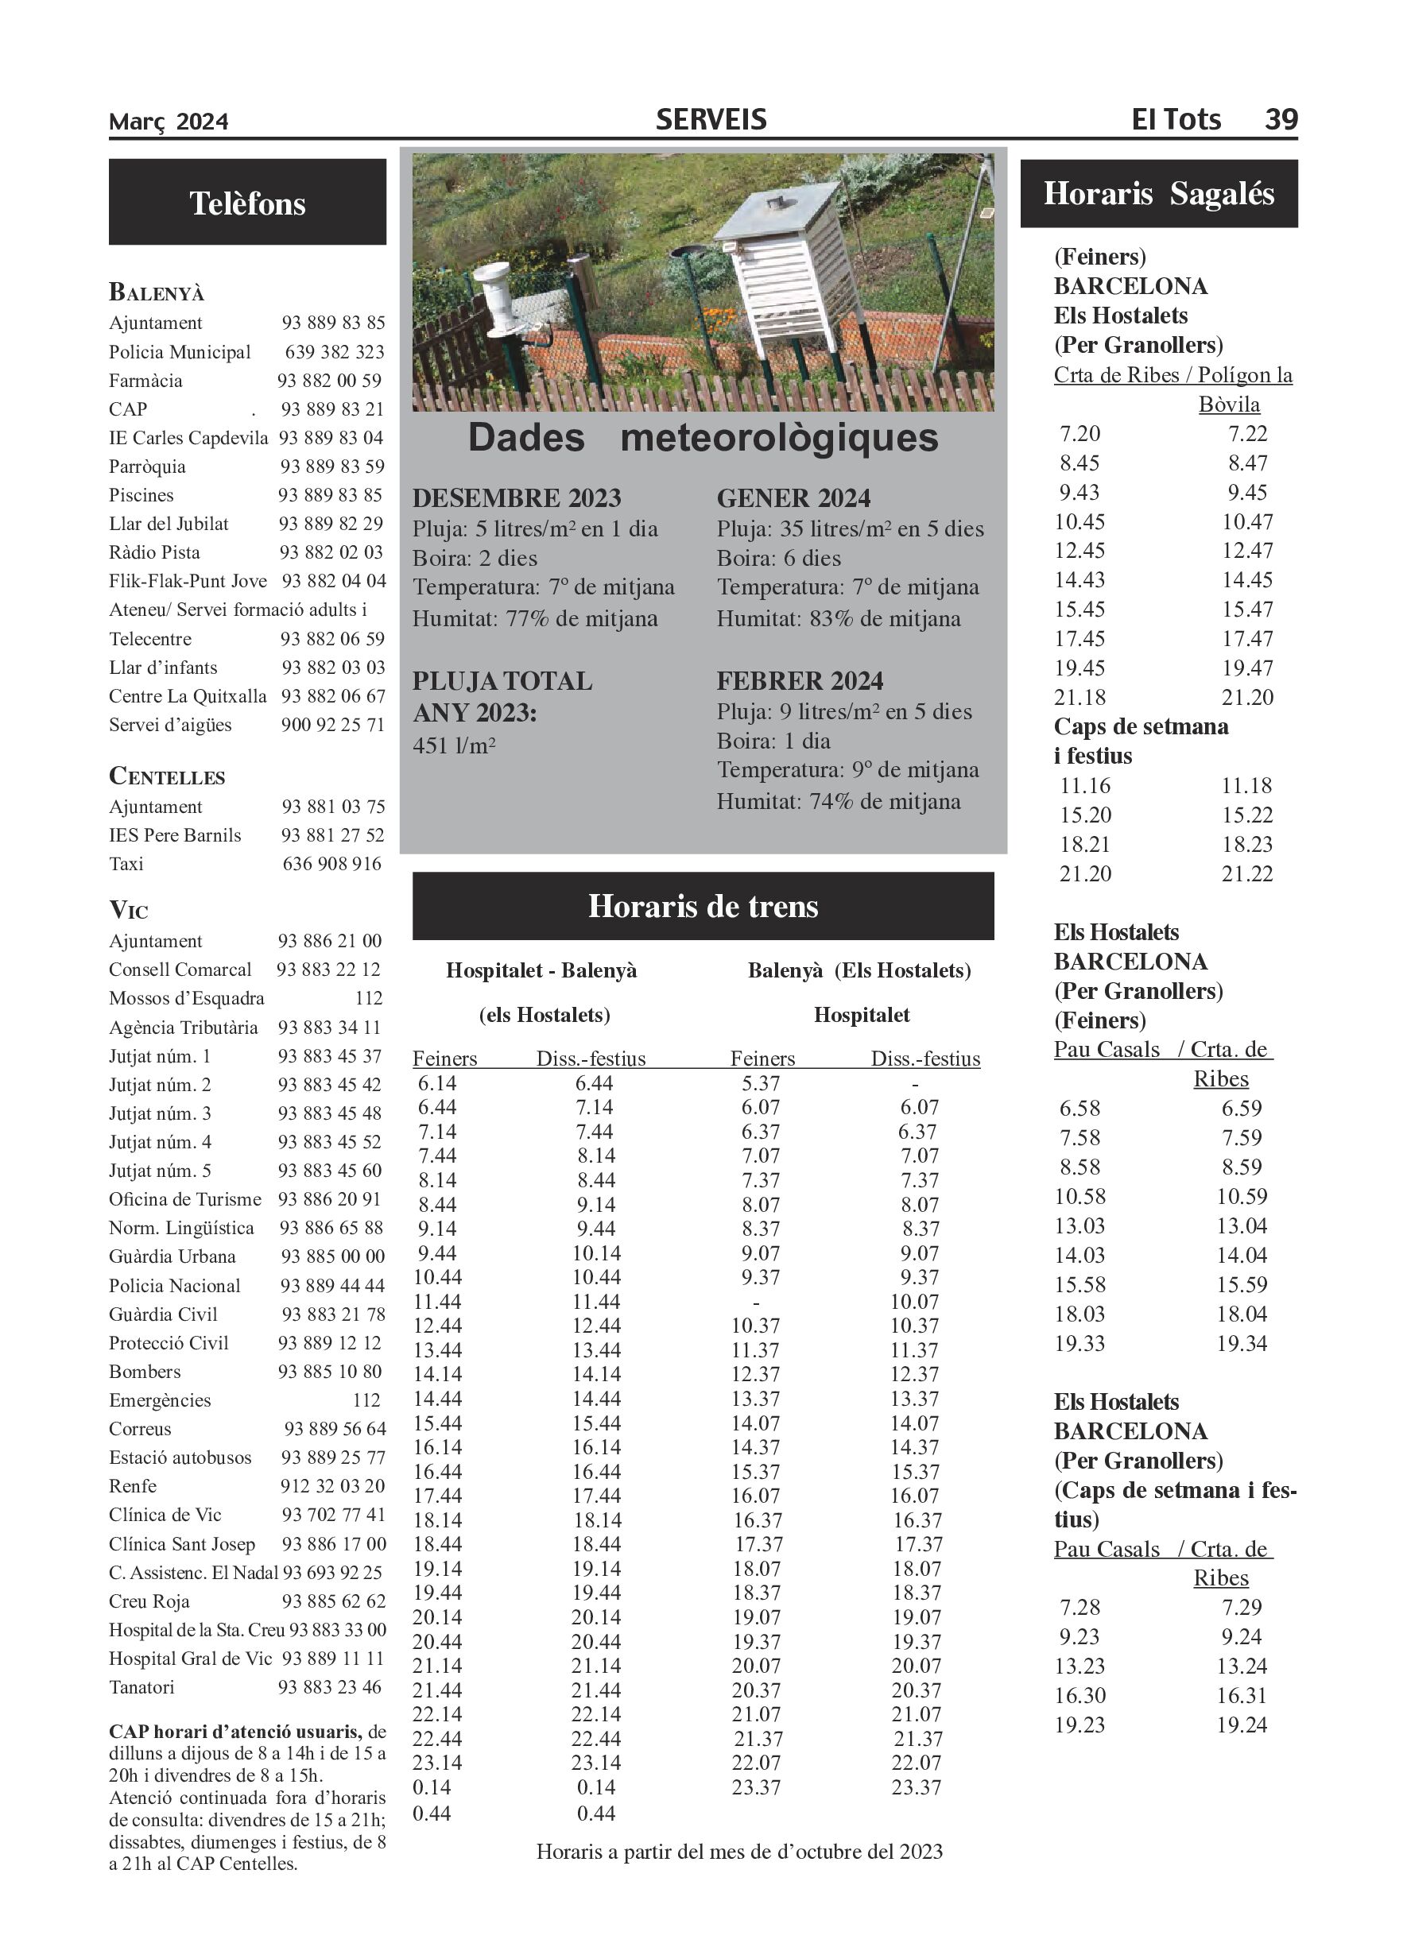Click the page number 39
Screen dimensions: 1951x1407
click(1281, 118)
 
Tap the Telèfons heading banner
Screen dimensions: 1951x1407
click(247, 203)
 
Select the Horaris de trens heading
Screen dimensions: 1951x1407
click(702, 906)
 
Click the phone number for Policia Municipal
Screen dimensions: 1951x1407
click(334, 352)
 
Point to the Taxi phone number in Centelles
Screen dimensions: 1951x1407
click(331, 864)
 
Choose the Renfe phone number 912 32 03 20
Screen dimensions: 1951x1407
click(331, 1485)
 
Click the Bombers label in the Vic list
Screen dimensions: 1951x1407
click(145, 1371)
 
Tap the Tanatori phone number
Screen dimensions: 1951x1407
click(330, 1687)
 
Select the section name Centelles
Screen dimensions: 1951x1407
click(167, 776)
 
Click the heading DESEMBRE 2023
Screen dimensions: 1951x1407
click(517, 498)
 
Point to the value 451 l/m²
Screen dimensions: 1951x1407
click(454, 745)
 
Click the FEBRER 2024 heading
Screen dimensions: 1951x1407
click(800, 681)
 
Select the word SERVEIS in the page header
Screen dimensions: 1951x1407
click(711, 119)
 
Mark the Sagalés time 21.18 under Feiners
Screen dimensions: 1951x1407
click(1079, 697)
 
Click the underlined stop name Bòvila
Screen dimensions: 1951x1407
click(1229, 405)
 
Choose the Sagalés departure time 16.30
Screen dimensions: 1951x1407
click(1079, 1696)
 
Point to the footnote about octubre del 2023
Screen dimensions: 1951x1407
click(738, 1851)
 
